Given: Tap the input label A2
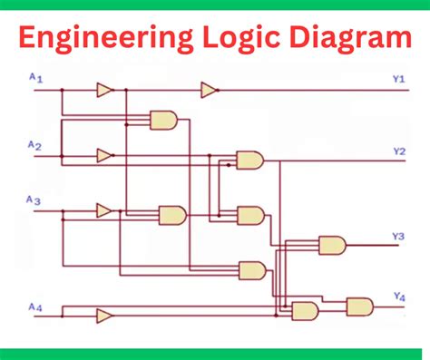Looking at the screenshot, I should tap(35, 145).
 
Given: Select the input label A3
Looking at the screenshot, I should tap(34, 200).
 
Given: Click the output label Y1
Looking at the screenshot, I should tap(398, 80).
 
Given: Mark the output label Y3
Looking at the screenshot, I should tap(397, 237).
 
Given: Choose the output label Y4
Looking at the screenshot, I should tap(398, 297).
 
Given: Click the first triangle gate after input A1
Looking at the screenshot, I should tap(104, 90).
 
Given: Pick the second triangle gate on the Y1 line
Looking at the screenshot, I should tap(209, 90).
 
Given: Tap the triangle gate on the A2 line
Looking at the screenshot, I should tap(104, 155).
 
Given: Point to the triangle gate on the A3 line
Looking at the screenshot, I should tap(104, 210).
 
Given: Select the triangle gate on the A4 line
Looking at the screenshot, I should tap(104, 316).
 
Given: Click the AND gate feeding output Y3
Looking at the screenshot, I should tap(331, 245).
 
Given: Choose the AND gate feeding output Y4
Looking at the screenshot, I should tap(359, 306).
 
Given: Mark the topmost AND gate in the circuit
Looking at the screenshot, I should tap(163, 120).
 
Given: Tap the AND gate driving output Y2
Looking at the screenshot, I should tap(249, 161).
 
